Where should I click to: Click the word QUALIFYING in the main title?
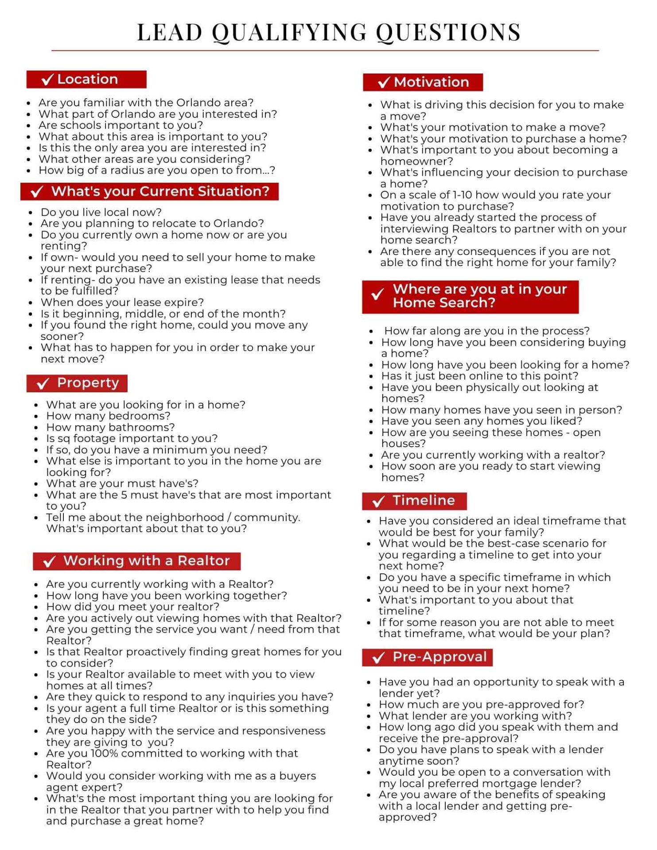point(290,32)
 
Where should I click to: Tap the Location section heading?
point(87,79)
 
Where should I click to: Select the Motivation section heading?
point(431,82)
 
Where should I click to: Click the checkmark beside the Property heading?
point(43,383)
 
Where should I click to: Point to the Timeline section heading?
point(424,500)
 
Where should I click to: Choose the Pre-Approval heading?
point(439,657)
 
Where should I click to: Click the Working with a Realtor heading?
point(146,560)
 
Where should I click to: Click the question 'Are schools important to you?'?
point(121,125)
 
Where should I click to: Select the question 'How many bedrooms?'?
point(108,416)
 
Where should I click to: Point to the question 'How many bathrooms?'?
point(110,427)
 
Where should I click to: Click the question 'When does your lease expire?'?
point(122,302)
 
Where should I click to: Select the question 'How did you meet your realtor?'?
point(132,607)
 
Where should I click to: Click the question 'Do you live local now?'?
point(101,212)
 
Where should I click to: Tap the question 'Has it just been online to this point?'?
point(480,376)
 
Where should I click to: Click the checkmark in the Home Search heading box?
point(377,294)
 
